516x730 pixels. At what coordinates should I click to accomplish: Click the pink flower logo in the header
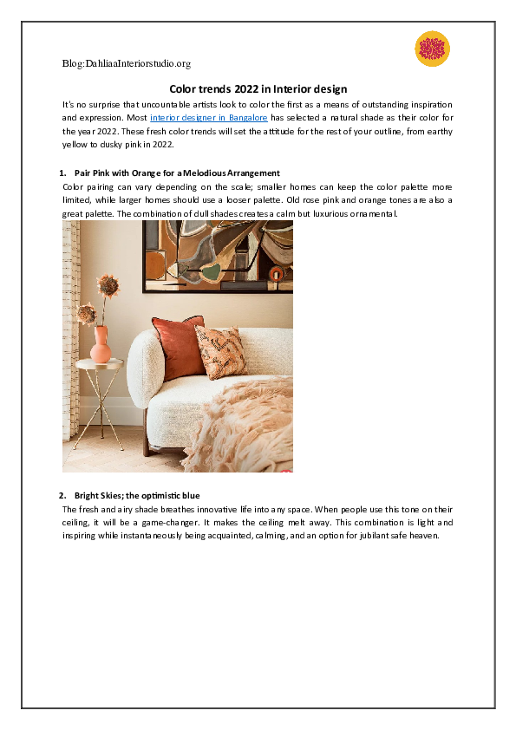coord(433,49)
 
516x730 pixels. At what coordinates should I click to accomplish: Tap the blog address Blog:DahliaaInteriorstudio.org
coord(127,63)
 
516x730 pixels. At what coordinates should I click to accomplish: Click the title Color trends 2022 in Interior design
coord(258,88)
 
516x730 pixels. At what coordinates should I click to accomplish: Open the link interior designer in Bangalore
coord(208,117)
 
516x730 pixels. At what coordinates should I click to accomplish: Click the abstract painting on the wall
coord(217,252)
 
